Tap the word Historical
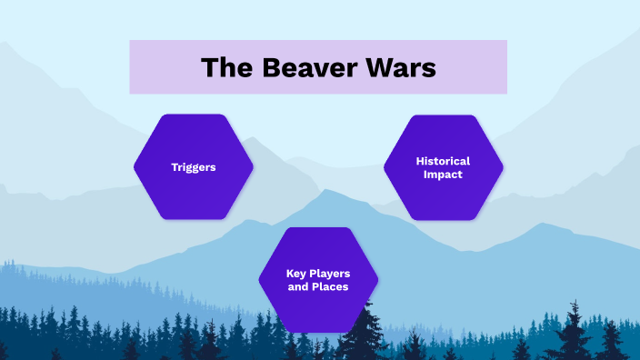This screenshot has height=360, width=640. [443, 161]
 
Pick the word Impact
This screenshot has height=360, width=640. [443, 174]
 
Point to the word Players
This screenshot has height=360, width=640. [331, 273]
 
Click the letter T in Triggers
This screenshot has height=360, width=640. [175, 167]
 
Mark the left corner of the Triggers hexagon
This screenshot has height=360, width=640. [135, 166]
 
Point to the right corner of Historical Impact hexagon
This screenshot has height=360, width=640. [501, 167]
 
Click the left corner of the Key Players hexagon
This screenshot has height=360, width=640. [260, 280]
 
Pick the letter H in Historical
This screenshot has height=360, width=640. [420, 161]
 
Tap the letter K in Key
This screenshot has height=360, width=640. [290, 273]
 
